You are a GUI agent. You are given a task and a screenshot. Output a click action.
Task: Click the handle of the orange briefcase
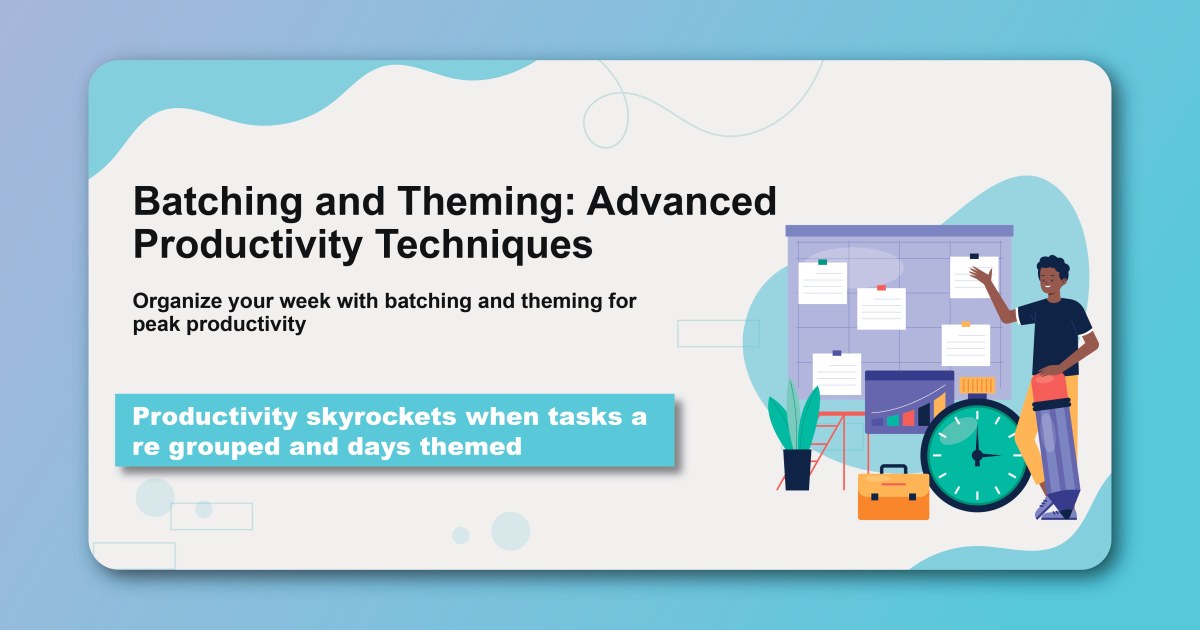[x=893, y=469]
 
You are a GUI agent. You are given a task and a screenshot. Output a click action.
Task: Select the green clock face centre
[x=975, y=455]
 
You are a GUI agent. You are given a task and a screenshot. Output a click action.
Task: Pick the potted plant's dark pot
[x=797, y=469]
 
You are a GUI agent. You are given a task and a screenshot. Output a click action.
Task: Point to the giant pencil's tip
[x=1059, y=510]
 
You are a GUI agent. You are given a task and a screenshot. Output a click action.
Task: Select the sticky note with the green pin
[x=822, y=283]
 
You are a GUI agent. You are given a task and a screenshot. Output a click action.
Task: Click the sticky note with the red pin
[x=881, y=308]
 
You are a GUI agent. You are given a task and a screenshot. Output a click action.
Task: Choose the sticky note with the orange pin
[x=965, y=345]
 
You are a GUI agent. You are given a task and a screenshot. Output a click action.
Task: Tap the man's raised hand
[x=982, y=276]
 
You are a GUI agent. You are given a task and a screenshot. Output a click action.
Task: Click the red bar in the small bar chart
[x=908, y=418]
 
